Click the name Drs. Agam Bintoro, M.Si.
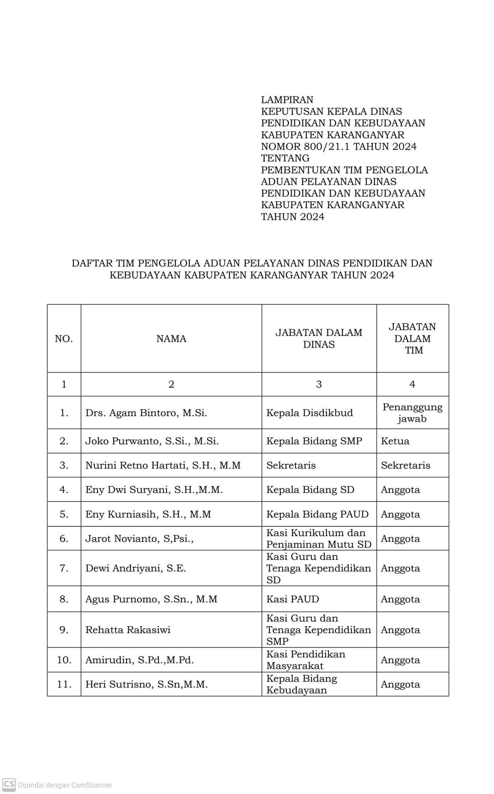coord(146,413)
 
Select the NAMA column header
coord(171,339)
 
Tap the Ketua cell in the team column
coord(395,441)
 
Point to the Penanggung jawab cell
coord(412,413)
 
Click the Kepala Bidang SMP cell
coord(314,441)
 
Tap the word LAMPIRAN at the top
coord(287,100)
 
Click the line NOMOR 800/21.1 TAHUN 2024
coord(339,146)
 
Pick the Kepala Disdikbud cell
coord(309,413)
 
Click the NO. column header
coord(64,339)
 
